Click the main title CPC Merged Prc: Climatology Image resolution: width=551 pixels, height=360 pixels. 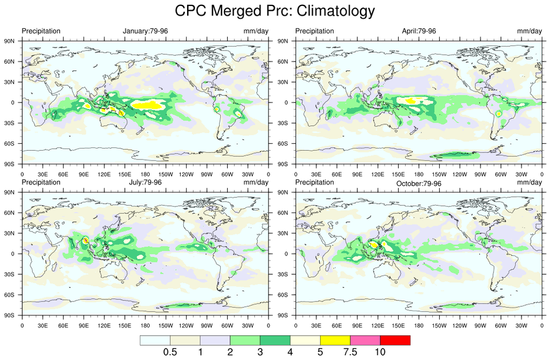click(275, 11)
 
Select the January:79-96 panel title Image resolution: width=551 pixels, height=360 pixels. click(145, 31)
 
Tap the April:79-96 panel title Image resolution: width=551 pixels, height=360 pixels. click(419, 31)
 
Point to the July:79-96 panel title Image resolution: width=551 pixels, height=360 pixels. click(145, 182)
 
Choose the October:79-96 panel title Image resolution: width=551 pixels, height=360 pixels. click(419, 184)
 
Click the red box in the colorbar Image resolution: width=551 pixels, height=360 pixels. click(395, 340)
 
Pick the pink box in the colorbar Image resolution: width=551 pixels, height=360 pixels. click(365, 340)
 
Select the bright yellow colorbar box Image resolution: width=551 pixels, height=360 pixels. click(335, 340)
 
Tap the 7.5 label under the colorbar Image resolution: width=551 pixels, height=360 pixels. click(350, 352)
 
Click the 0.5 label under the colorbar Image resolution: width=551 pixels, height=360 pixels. click(170, 352)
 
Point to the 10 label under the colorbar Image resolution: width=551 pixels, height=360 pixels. click(380, 352)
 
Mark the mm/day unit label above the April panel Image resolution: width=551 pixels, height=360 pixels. click(529, 31)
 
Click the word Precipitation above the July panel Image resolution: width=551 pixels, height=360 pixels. click(41, 182)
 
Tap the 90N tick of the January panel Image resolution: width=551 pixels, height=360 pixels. click(9, 41)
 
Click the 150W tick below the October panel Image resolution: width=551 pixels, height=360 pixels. click(439, 325)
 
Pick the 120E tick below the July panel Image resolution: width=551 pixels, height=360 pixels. click(104, 325)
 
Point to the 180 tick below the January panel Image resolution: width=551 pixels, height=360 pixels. click(145, 174)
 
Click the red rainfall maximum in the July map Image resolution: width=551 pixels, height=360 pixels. click(85, 240)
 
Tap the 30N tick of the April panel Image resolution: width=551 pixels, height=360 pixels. click(283, 82)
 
